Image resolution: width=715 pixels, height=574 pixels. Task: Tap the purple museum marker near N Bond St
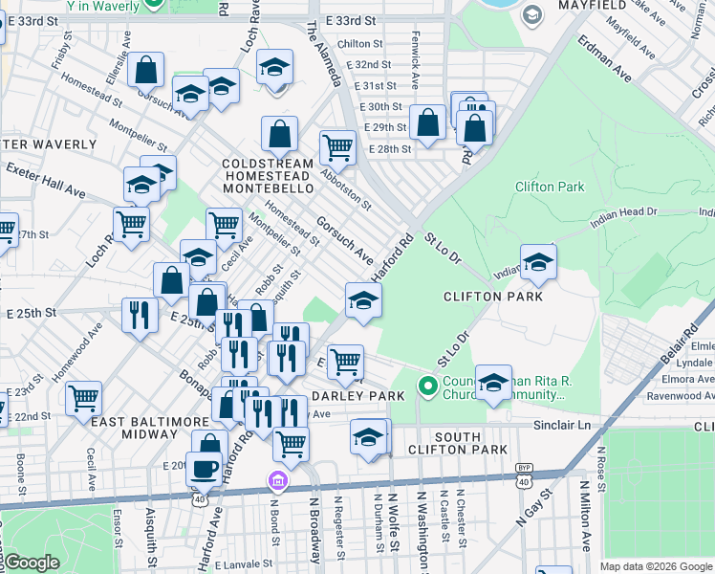pos(277,478)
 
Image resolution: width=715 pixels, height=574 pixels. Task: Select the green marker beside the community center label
pos(428,388)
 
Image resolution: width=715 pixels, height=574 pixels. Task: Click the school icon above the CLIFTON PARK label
pos(538,264)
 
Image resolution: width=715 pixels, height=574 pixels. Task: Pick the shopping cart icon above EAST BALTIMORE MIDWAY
pos(84,396)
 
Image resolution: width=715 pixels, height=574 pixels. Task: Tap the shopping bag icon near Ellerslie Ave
pos(145,70)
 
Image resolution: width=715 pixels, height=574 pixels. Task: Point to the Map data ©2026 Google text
pos(655,566)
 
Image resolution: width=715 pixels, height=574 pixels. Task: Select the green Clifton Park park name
pos(549,188)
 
